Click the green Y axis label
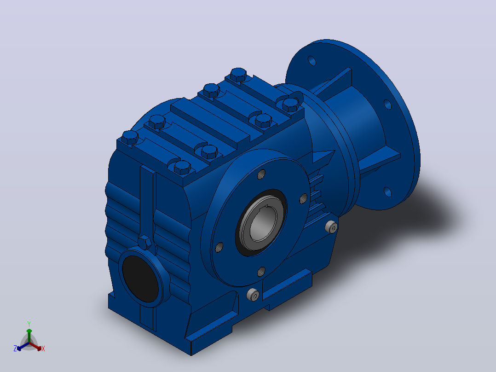[x=29, y=324]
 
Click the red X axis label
[x=43, y=349]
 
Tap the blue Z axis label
[x=15, y=348]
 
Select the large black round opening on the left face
[x=140, y=279]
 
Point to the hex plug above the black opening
[x=144, y=242]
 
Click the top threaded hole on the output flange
[x=261, y=174]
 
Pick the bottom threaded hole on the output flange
[x=261, y=271]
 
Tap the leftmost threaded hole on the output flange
[x=219, y=247]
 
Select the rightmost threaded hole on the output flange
[x=303, y=198]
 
